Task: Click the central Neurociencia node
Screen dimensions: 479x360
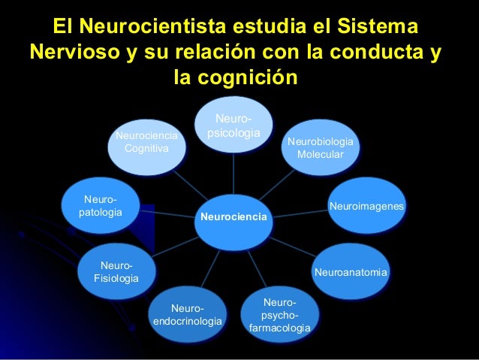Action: click(233, 216)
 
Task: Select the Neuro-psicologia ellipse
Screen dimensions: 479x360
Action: click(233, 126)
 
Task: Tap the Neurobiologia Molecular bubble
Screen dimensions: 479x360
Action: click(320, 147)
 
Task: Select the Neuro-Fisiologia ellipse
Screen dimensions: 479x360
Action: click(116, 272)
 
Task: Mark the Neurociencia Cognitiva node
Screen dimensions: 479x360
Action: click(146, 142)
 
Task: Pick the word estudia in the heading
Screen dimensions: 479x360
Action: click(277, 29)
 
